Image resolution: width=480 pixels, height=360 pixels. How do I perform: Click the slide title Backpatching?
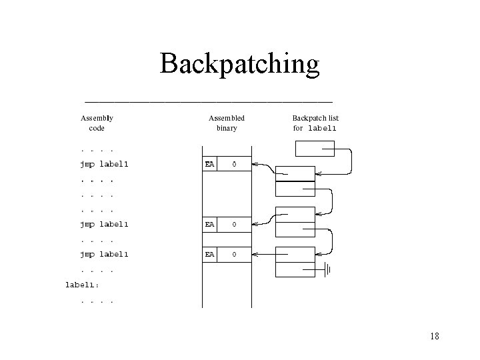point(240,64)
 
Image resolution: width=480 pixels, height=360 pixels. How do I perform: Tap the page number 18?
point(435,336)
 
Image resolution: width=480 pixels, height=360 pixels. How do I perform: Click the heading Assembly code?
point(97,123)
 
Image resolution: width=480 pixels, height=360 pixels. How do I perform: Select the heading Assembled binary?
point(227,123)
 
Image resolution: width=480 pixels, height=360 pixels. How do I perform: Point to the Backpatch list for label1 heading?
point(315,123)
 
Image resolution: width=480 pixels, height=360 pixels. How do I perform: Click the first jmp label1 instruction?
point(104,163)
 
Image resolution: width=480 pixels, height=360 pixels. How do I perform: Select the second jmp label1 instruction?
point(104,225)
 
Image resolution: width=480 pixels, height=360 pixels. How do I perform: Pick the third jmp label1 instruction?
point(104,254)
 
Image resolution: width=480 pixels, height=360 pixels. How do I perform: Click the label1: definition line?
point(81,285)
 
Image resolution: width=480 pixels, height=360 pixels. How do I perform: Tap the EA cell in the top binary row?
point(209,163)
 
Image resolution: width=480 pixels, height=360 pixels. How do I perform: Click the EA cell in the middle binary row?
point(209,225)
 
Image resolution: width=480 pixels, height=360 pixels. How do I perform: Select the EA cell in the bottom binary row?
point(209,254)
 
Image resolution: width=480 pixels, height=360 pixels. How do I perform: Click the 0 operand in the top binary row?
point(233,163)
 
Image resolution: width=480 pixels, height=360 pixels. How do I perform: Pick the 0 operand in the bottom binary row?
point(233,254)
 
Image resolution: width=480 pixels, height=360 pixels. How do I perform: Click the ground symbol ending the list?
point(327,270)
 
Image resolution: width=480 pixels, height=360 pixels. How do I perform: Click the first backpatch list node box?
point(295,181)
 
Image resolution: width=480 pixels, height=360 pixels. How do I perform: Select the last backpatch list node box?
point(295,262)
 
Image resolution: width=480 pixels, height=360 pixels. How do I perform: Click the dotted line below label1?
point(97,301)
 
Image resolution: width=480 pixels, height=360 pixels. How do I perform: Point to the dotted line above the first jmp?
point(97,149)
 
